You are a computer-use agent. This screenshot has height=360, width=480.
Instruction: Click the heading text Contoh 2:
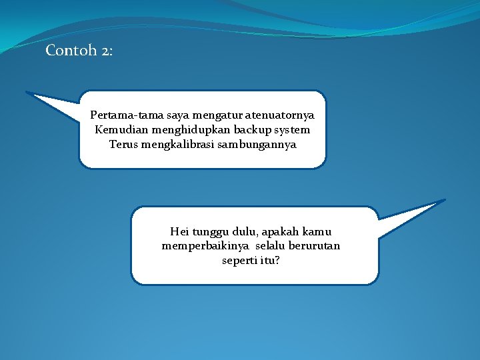tap(79, 51)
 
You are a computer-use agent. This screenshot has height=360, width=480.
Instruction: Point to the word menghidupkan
tap(182, 129)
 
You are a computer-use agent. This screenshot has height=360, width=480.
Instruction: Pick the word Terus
tap(123, 144)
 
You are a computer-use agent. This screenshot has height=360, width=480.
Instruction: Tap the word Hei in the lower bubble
tap(179, 232)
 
